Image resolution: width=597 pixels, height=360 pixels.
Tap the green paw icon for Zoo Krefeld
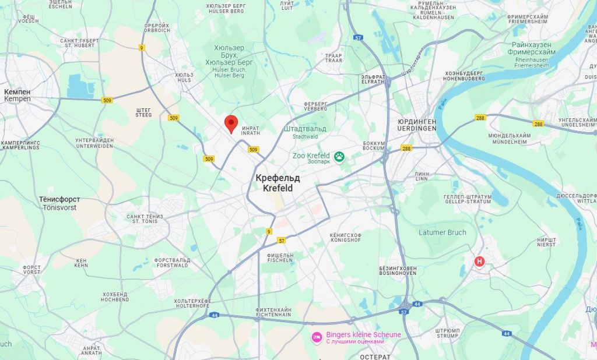[339, 156]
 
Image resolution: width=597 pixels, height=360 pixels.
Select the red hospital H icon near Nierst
[480, 262]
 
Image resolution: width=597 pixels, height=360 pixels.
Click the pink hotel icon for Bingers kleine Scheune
[317, 337]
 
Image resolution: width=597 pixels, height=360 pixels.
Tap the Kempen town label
[17, 96]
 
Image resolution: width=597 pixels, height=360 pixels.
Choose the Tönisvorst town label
[59, 203]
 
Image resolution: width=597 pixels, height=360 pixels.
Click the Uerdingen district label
[417, 124]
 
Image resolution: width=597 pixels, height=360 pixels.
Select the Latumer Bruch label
[443, 232]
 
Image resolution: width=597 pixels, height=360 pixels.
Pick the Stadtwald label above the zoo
[305, 132]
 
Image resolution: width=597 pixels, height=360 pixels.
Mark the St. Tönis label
[145, 218]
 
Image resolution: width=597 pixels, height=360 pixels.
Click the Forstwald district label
[171, 263]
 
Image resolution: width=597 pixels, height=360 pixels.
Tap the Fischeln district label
[280, 257]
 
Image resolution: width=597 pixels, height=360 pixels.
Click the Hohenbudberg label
[465, 76]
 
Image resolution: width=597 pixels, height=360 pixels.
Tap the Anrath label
[92, 350]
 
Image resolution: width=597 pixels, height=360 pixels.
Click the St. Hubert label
[79, 43]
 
